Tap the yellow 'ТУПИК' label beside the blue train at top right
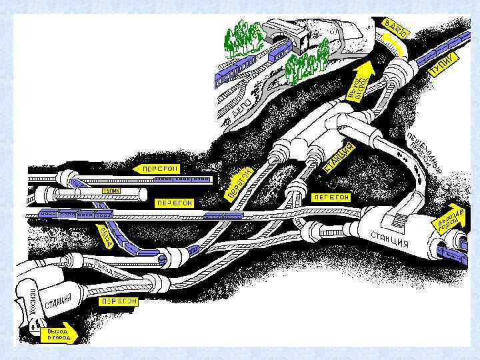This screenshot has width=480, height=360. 443,64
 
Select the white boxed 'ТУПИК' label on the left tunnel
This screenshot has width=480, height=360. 111,191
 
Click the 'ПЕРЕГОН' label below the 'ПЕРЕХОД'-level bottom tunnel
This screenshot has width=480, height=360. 119,301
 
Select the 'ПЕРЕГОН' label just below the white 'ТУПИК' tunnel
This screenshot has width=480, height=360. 173,202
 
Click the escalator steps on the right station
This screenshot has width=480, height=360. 398,217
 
